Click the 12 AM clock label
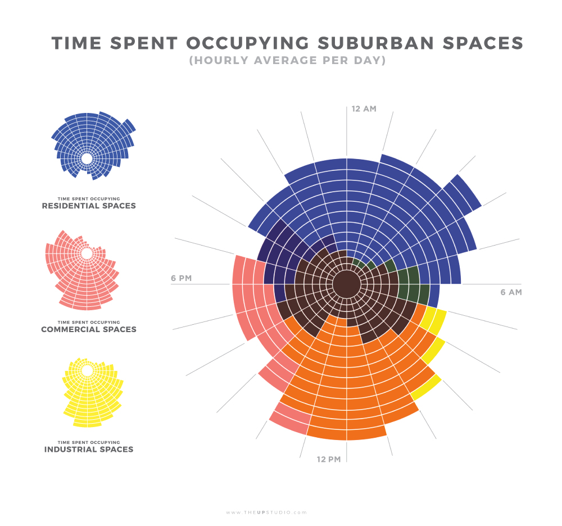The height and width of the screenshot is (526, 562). (364, 108)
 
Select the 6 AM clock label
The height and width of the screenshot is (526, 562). (511, 292)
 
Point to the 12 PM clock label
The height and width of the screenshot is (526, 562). (329, 460)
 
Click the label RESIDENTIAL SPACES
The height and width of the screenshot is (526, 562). (89, 206)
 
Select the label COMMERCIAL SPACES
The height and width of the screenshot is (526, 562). (89, 329)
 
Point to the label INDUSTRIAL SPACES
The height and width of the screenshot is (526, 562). (89, 450)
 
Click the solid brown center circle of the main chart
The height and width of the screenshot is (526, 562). (347, 284)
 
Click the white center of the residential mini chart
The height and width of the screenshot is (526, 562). (87, 158)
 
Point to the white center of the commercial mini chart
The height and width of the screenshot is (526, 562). (87, 253)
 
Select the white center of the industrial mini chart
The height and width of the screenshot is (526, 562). (87, 371)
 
